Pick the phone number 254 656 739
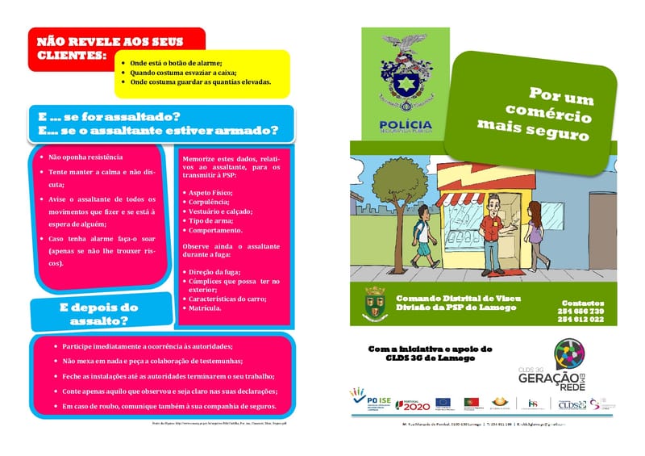[x=580, y=312]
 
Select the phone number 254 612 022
[x=580, y=320]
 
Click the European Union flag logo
[x=443, y=401]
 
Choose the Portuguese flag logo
[x=470, y=401]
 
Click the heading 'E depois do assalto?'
[x=99, y=314]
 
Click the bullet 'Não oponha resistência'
[x=85, y=157]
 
